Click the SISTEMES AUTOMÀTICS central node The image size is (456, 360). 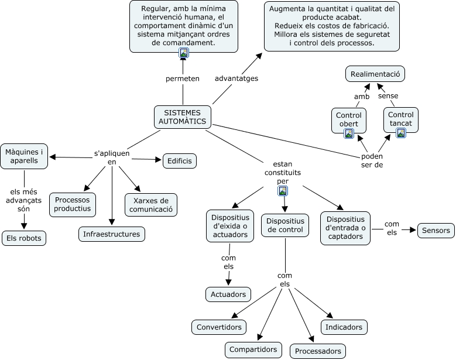coord(182,117)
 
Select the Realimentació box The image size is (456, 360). coord(375,74)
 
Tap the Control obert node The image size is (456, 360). coord(349,119)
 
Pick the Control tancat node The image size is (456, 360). coord(400,119)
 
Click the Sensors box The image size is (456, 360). coord(436,231)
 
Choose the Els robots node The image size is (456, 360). coord(23,238)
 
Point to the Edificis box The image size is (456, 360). coord(180,160)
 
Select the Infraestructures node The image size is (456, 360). coord(111,234)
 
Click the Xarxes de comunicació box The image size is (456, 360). coord(150,204)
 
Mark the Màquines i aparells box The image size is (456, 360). coord(24,156)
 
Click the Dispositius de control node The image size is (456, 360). coord(285,225)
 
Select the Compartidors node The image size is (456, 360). coord(253,349)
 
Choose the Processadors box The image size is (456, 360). coord(318,351)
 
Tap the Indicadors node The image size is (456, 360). coord(344,327)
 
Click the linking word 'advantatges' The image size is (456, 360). coord(236,78)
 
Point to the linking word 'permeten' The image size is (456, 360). coord(183,78)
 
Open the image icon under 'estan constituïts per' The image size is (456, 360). coord(283,190)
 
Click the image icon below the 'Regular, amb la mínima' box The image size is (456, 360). coord(184,53)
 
